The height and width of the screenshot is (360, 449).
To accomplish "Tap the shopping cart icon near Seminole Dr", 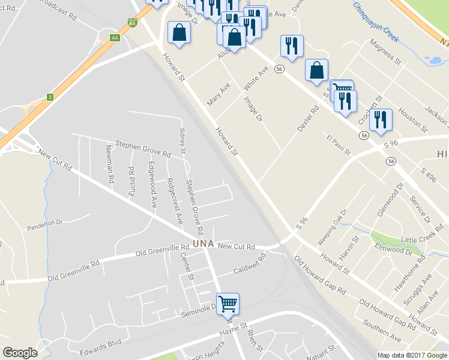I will coord(228,304).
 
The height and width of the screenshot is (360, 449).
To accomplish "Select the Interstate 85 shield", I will coord(131,23).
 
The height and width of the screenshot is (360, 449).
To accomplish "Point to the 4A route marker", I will coord(115,38).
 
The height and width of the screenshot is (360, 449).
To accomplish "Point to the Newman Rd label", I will coord(109,164).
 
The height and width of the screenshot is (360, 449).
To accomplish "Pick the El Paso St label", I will coord(338,146).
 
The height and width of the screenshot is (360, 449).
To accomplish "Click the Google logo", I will coord(20,352).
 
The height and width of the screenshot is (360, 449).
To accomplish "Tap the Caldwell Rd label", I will coord(251,263).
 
